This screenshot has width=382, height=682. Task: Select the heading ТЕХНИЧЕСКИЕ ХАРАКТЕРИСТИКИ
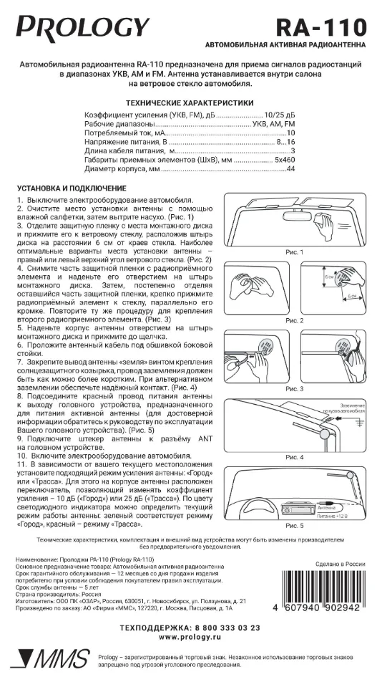click(190, 102)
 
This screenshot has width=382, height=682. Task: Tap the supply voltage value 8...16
click(286, 143)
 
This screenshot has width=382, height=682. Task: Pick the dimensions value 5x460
click(281, 160)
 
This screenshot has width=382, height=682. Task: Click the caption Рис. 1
click(294, 252)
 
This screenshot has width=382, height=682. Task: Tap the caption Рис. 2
click(294, 320)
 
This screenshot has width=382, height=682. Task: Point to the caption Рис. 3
click(294, 388)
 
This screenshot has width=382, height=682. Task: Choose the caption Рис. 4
click(294, 456)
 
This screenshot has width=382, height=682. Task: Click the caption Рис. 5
click(294, 525)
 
